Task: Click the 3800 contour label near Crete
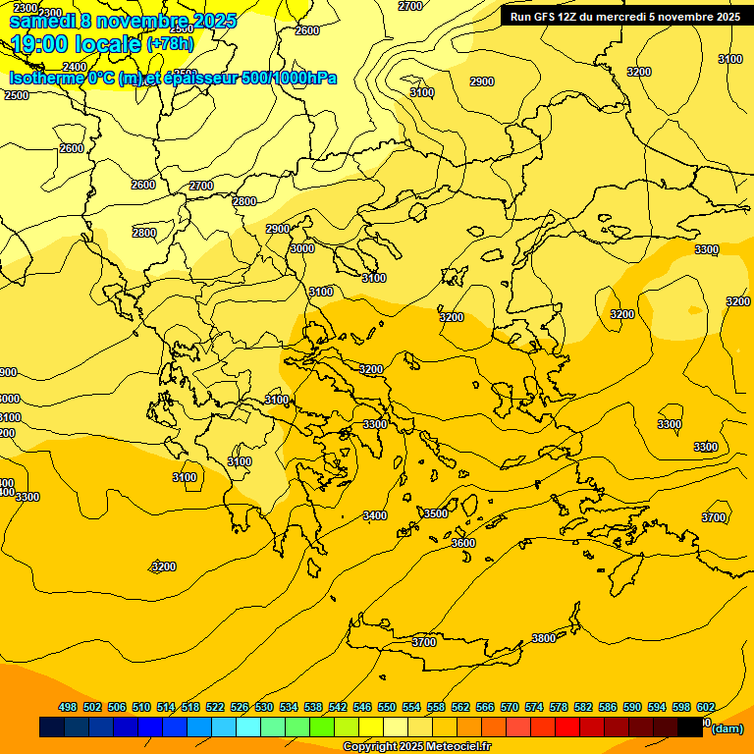(543, 638)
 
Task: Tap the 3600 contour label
(462, 543)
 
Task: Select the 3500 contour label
(435, 513)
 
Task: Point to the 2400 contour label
(75, 67)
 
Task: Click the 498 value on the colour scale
(68, 707)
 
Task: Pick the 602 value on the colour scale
(705, 707)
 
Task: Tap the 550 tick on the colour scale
(387, 707)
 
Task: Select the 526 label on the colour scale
(240, 707)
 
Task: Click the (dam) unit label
(727, 728)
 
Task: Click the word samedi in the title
(43, 21)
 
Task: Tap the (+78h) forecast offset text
(170, 44)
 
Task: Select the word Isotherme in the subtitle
(46, 79)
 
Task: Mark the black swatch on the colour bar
(690, 727)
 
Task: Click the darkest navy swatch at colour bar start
(52, 727)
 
